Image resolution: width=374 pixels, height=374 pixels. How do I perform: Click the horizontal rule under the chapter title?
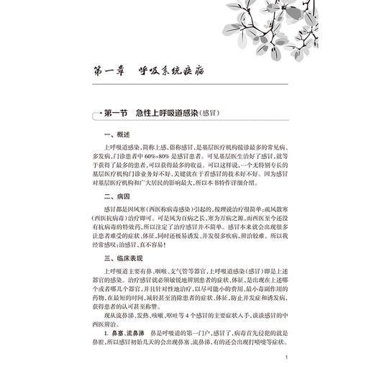click(187, 88)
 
